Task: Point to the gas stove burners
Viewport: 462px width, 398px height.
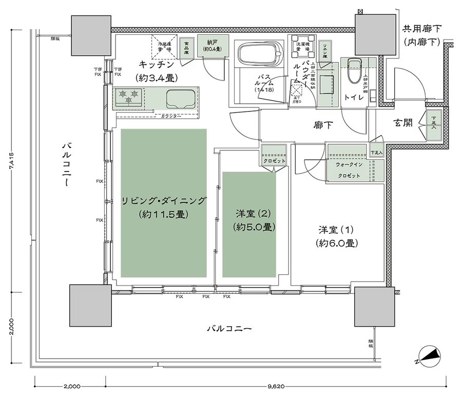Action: pos(129,94)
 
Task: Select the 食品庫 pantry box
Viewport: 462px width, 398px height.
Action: pos(186,46)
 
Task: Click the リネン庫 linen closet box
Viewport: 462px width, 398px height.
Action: pos(324,48)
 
